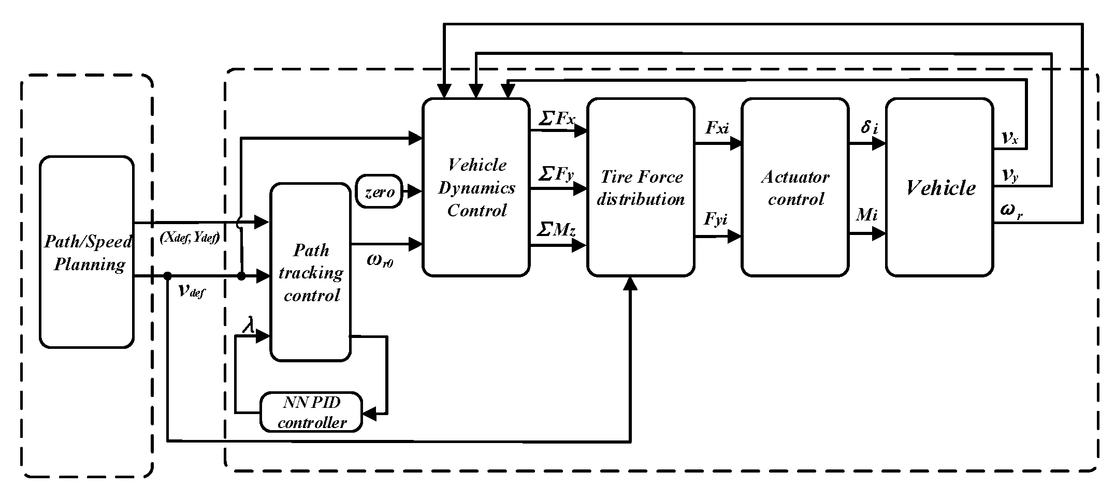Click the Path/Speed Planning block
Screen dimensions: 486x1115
pyautogui.click(x=86, y=252)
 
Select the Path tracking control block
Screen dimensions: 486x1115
pyautogui.click(x=310, y=272)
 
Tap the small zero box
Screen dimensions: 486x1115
pyautogui.click(x=380, y=192)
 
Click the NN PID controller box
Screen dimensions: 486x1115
pyautogui.click(x=311, y=412)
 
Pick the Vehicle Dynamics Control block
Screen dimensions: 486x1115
pyautogui.click(x=476, y=187)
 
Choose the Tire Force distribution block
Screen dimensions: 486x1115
pyautogui.click(x=641, y=187)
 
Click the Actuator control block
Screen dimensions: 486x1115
pyautogui.click(x=795, y=187)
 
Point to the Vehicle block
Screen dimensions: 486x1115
pyautogui.click(x=940, y=187)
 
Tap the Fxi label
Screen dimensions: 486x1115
pyautogui.click(x=717, y=128)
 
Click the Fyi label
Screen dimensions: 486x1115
pyautogui.click(x=716, y=220)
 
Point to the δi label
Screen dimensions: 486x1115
pyautogui.click(x=869, y=127)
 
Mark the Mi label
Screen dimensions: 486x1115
pyautogui.click(x=867, y=214)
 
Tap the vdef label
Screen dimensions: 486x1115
pyautogui.click(x=191, y=291)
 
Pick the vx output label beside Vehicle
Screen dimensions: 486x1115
pyautogui.click(x=1010, y=138)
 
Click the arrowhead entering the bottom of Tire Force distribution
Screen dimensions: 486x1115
pyautogui.click(x=630, y=284)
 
